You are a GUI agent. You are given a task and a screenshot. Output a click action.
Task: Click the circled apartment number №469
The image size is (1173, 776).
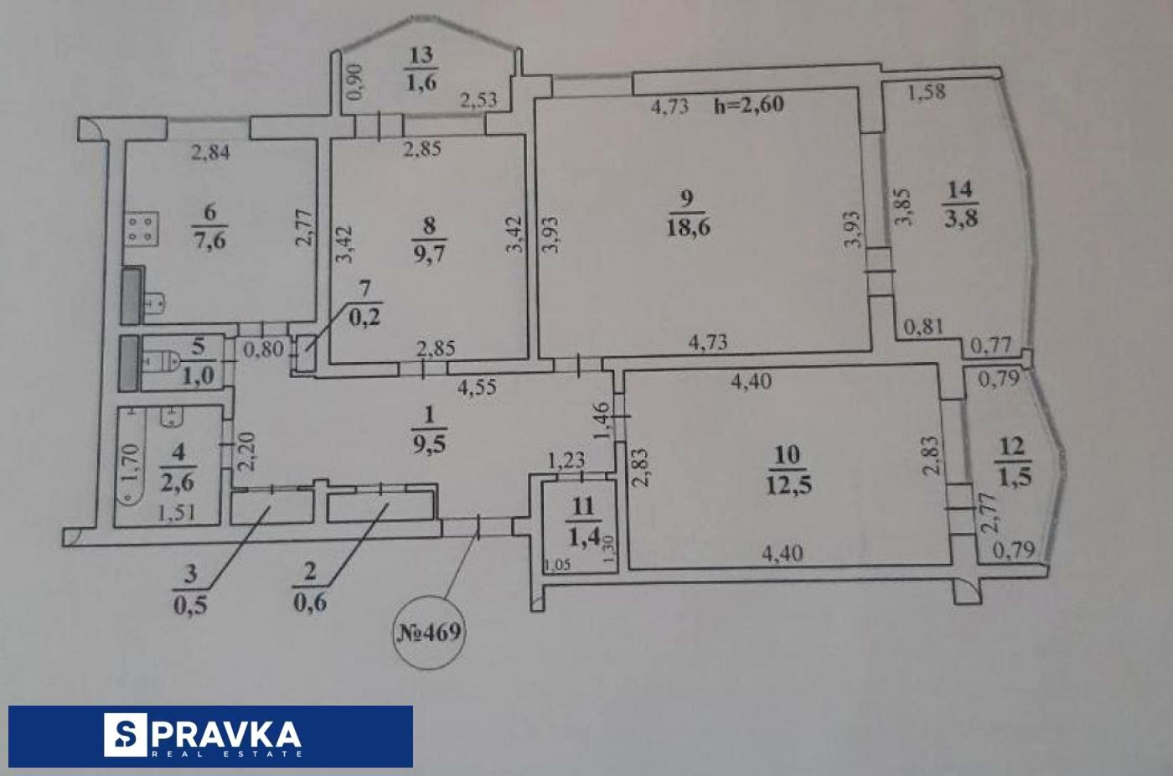[x=428, y=631]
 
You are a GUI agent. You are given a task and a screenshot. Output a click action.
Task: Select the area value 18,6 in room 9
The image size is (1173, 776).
[x=688, y=226]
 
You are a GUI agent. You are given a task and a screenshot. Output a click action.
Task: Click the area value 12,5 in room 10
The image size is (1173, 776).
[x=788, y=484]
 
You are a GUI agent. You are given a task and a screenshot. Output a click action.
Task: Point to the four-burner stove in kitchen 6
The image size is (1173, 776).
[x=140, y=230]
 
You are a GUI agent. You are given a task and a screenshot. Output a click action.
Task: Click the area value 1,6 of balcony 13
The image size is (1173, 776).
[x=421, y=82]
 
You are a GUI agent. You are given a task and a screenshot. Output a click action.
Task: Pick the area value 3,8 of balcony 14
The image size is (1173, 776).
[x=960, y=218]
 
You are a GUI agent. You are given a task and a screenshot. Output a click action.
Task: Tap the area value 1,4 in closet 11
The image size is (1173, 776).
[x=583, y=535]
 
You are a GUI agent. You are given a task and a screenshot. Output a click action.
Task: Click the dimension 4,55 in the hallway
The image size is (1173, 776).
[x=478, y=387]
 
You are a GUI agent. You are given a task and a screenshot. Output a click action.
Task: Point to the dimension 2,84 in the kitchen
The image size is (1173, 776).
[x=209, y=153]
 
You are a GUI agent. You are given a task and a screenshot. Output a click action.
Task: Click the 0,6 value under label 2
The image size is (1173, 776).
[x=309, y=603]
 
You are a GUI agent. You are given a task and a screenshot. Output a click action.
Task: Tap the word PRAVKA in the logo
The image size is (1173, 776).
[x=228, y=734]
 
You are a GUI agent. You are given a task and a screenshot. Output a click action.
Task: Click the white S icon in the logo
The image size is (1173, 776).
[x=125, y=735]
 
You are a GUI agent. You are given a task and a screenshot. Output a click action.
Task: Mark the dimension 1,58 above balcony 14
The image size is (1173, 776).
[x=927, y=91]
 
